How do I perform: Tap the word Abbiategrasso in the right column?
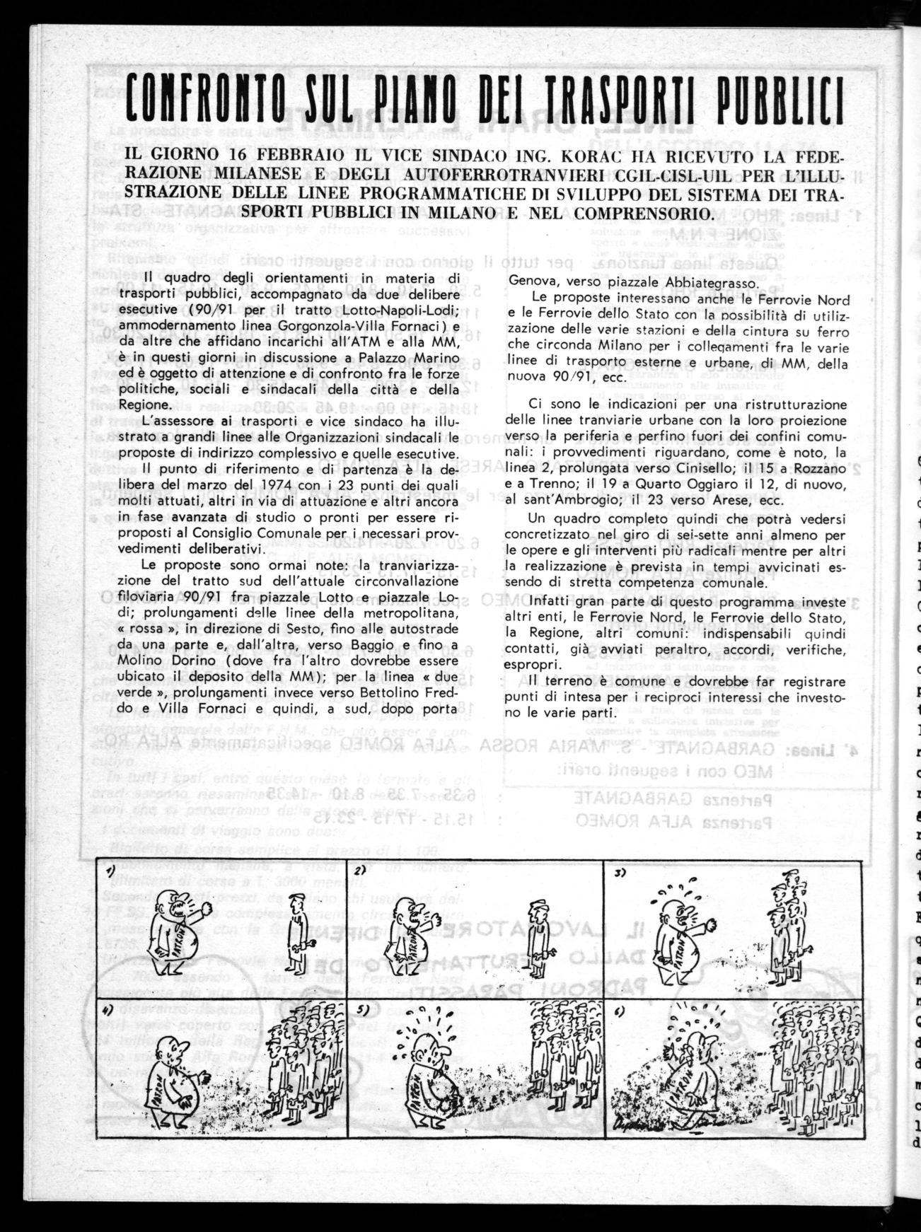[714, 278]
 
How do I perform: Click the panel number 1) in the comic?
[110, 873]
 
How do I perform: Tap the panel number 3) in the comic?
[620, 873]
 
